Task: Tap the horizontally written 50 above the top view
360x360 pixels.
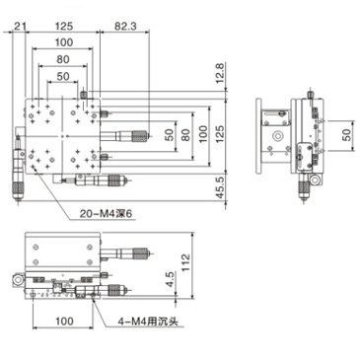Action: [63, 76]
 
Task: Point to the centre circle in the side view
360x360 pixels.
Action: [279, 128]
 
